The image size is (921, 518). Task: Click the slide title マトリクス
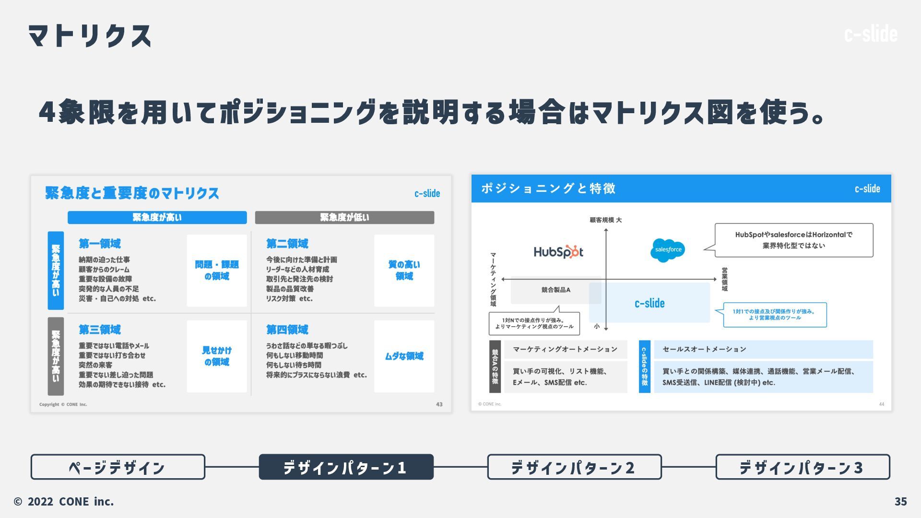tap(90, 36)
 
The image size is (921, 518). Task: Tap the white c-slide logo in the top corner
tap(871, 34)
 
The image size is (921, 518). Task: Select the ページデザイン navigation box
tap(118, 467)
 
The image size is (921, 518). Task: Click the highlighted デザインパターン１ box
tap(346, 467)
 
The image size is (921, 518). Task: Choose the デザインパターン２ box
tap(574, 467)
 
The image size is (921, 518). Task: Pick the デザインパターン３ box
tap(803, 467)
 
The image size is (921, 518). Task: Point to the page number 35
tap(900, 501)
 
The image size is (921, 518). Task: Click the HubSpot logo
tap(558, 252)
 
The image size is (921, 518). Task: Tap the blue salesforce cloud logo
tap(668, 250)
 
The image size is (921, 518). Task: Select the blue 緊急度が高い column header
tap(157, 217)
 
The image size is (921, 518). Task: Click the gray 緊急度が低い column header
tap(344, 217)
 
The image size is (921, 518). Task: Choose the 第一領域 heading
tap(100, 244)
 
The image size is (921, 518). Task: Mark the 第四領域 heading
tap(287, 330)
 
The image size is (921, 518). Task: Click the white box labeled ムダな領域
tap(404, 356)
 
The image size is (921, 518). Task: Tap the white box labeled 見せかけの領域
tap(217, 356)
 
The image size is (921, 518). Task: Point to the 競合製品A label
tap(555, 290)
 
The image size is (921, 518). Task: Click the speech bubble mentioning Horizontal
tap(793, 240)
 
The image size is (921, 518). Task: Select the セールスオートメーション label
tap(704, 349)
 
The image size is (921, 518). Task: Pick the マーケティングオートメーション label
tap(565, 349)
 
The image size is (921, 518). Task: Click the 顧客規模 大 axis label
tap(605, 220)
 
